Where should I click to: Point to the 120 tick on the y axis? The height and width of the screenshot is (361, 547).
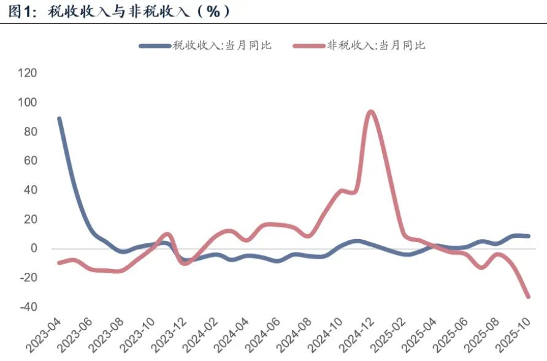(28, 73)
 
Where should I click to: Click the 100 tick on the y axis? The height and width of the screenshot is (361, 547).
(28, 102)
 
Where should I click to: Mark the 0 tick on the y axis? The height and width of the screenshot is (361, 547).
(34, 248)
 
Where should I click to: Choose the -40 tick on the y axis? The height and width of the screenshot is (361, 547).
(28, 306)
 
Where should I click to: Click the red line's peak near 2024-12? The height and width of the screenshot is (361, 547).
(370, 112)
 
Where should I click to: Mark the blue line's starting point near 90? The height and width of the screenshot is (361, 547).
(59, 119)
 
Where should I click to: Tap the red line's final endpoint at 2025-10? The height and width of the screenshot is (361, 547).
(528, 297)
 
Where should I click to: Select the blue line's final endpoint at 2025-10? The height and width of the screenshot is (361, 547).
(528, 236)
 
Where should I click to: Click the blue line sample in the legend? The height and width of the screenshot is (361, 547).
(153, 45)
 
